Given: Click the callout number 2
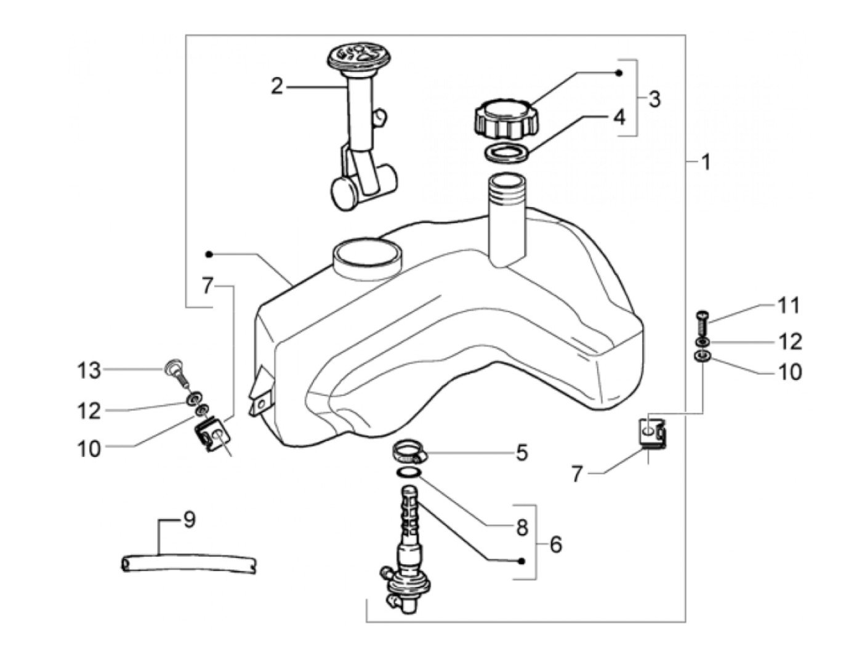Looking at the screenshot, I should (278, 87).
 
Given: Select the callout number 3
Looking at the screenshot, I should (654, 99).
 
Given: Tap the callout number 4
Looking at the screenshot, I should (619, 116).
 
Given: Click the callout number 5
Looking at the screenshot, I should (522, 453).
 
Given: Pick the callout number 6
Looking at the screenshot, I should (555, 545).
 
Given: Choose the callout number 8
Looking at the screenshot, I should (522, 527).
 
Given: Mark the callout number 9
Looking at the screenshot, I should (189, 520).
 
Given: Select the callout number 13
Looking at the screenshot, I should (89, 371).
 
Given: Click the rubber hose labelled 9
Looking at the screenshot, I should (189, 564).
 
